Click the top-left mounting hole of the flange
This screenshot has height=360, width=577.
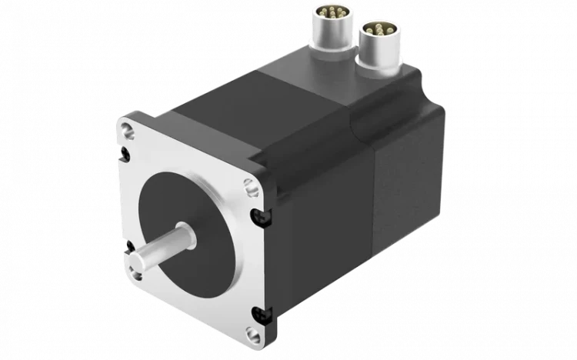coord(126,130)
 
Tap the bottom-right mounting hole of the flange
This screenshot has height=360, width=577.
coord(252,333)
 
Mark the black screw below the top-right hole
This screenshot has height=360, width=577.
coord(255,215)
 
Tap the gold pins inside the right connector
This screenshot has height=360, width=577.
coord(379,28)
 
